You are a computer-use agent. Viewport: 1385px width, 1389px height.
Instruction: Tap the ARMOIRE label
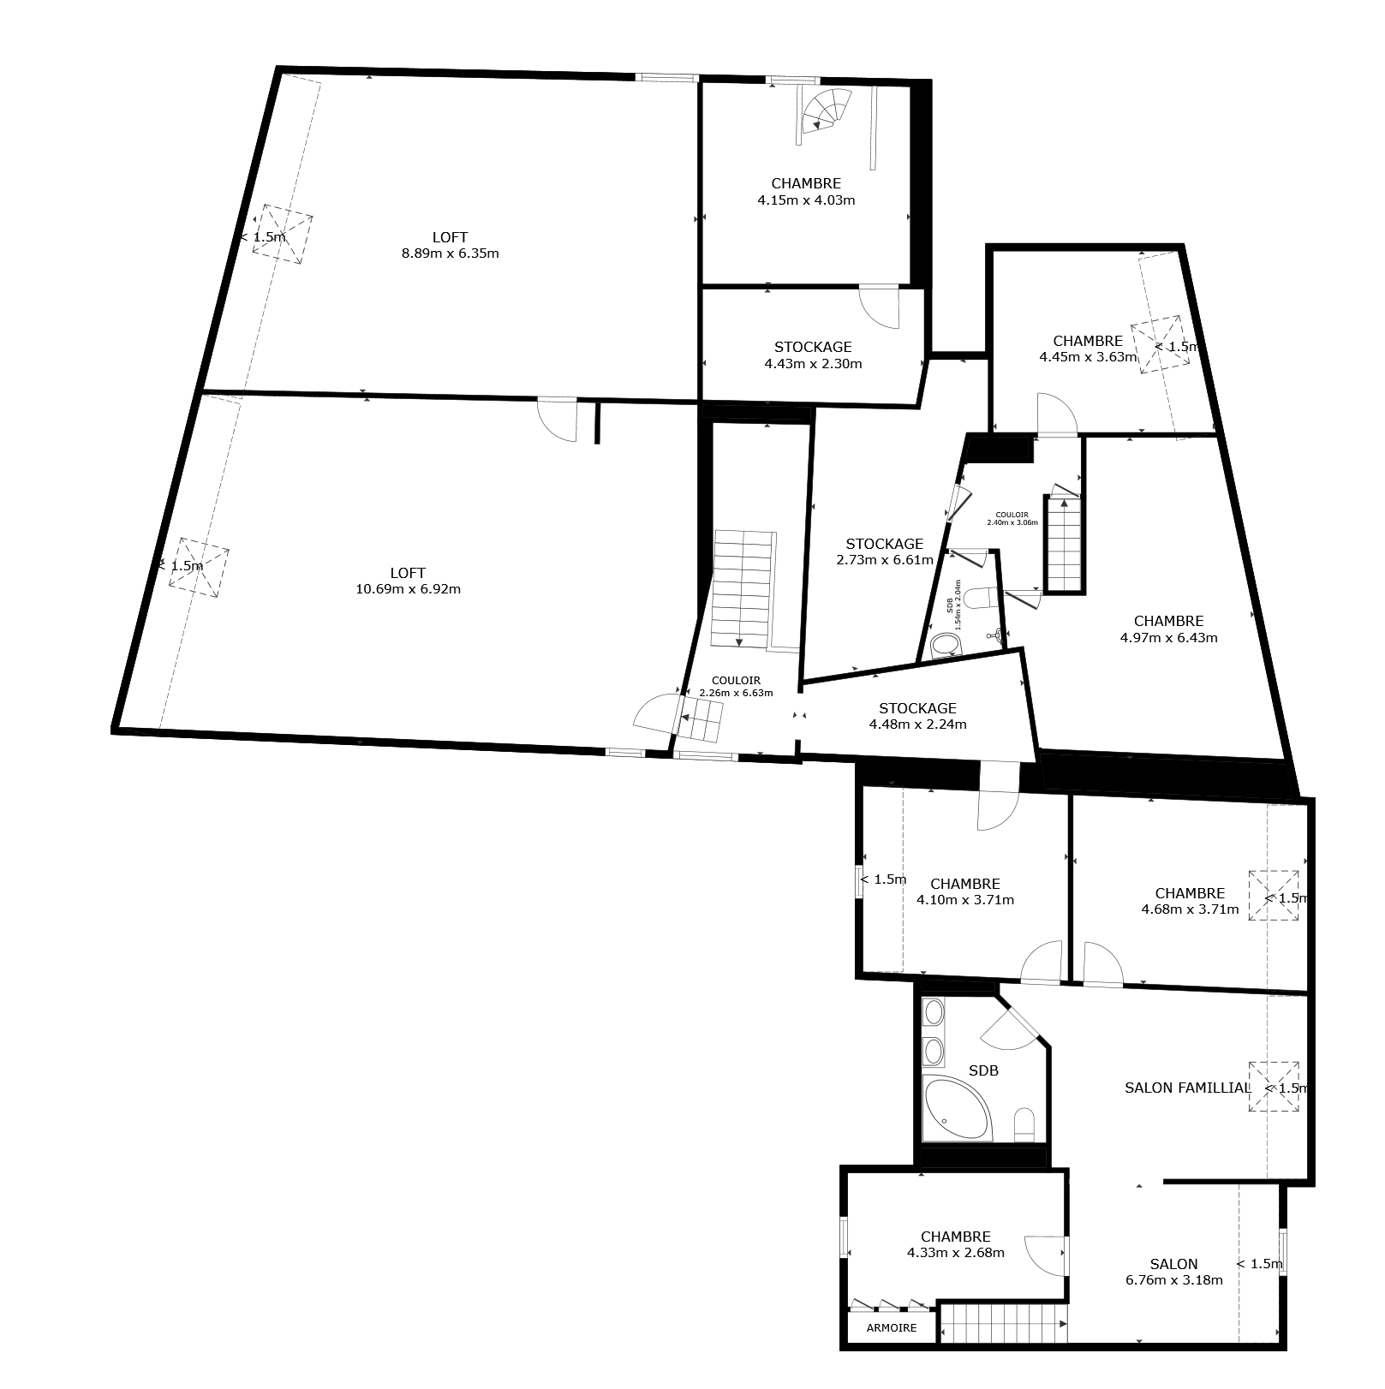coord(892,1328)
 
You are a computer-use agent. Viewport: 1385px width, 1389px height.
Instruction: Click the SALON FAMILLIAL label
coord(1187,1088)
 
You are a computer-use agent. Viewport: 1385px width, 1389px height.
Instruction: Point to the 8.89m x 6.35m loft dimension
coord(451,253)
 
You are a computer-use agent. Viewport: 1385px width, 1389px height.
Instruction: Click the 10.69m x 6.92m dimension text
coord(408,589)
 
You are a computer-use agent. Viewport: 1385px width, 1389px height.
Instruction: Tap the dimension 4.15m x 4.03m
coord(806,200)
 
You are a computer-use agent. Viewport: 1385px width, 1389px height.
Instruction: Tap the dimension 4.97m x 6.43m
coord(1168,637)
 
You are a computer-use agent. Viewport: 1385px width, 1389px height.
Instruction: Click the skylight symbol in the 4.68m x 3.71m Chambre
coord(1273,895)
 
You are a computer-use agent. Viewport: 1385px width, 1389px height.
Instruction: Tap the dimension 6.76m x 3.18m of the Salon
coord(1173,1280)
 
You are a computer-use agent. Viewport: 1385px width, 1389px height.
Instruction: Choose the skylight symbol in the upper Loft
coord(282,234)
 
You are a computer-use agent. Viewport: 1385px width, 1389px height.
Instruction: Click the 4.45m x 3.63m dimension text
coord(1088,357)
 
